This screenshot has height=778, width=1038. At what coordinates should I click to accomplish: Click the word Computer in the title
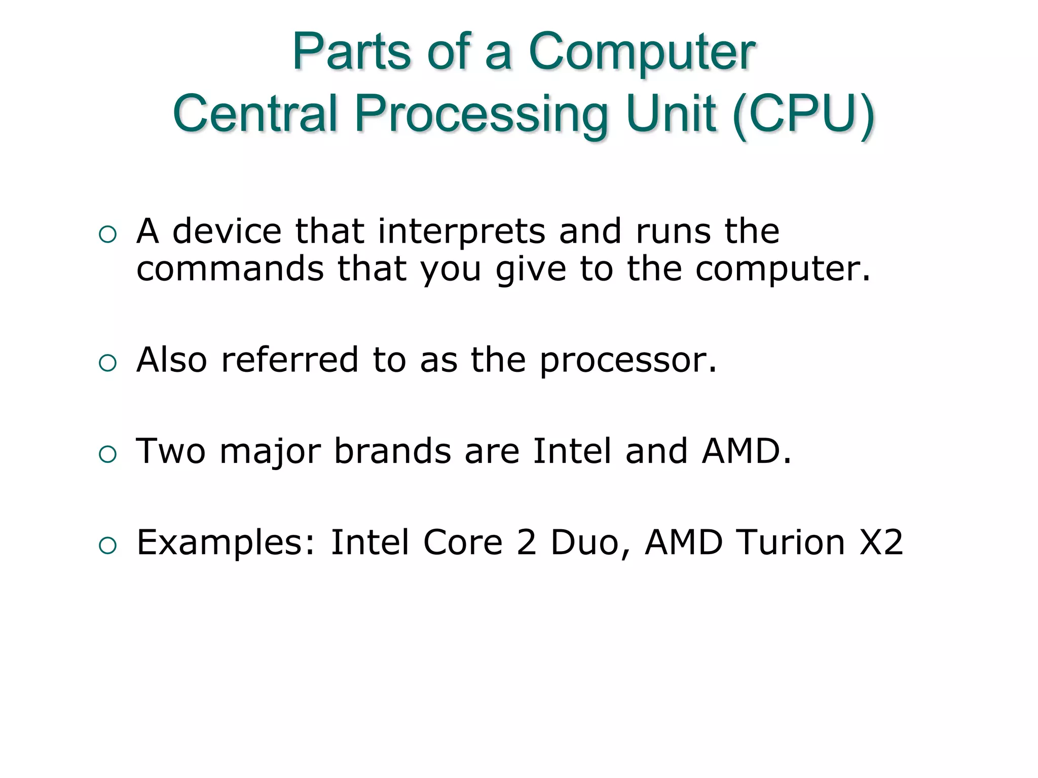point(642,53)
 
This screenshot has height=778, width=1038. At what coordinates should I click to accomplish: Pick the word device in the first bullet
point(227,231)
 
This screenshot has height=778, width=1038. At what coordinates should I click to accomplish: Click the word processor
point(628,361)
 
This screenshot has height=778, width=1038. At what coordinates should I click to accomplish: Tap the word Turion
point(791,542)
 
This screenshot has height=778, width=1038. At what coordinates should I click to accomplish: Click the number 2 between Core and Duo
point(527,542)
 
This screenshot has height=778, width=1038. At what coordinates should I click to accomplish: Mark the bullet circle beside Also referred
point(108,363)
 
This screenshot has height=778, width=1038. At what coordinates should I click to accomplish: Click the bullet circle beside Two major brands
point(108,454)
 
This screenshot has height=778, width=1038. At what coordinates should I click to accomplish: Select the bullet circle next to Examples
point(108,546)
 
